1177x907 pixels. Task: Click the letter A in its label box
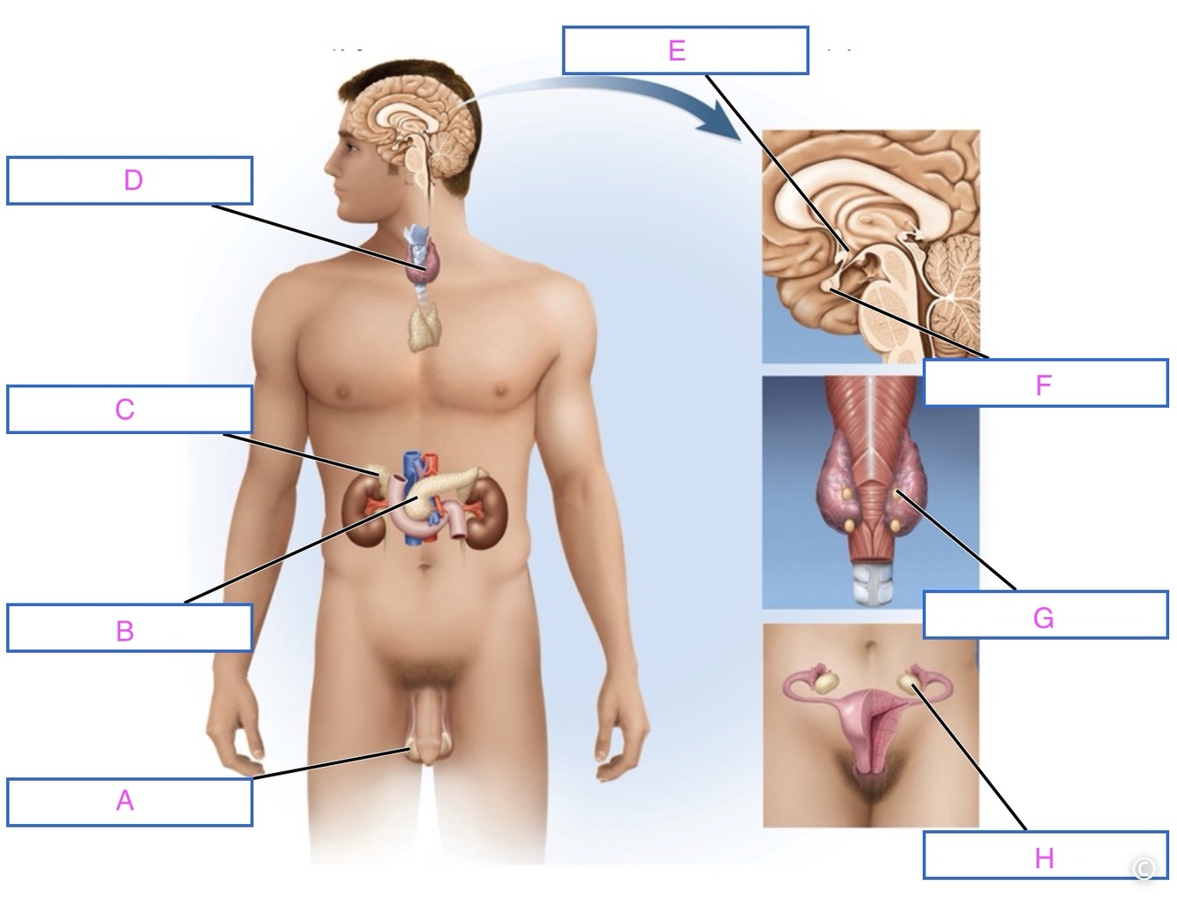coord(124,800)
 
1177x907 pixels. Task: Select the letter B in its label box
coord(125,631)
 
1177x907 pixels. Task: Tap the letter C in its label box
coord(124,409)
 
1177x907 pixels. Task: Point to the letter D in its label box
coord(133,180)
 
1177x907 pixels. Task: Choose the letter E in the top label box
coord(677,50)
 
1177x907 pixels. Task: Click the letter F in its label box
coord(1043,386)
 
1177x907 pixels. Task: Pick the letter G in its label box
coord(1043,618)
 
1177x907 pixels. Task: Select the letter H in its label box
coord(1045,858)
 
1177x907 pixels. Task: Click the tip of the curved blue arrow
coord(741,142)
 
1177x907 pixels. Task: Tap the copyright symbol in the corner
coord(1143,869)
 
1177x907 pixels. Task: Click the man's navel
coord(425,567)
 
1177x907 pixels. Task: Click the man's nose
coord(330,163)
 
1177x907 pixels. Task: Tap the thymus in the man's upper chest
coord(425,326)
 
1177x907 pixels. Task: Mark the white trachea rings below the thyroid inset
coord(871,584)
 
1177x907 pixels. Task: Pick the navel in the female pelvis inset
coord(870,646)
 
